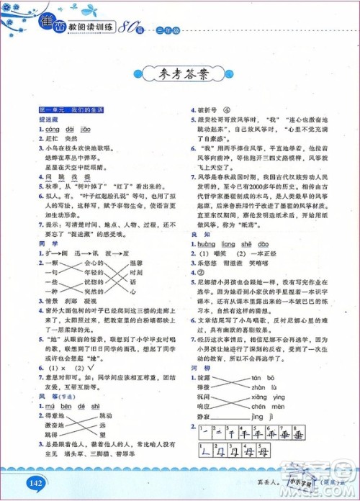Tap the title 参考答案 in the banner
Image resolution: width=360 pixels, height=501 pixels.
point(179,73)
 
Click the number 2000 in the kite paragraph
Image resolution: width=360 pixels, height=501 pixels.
point(245,203)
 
